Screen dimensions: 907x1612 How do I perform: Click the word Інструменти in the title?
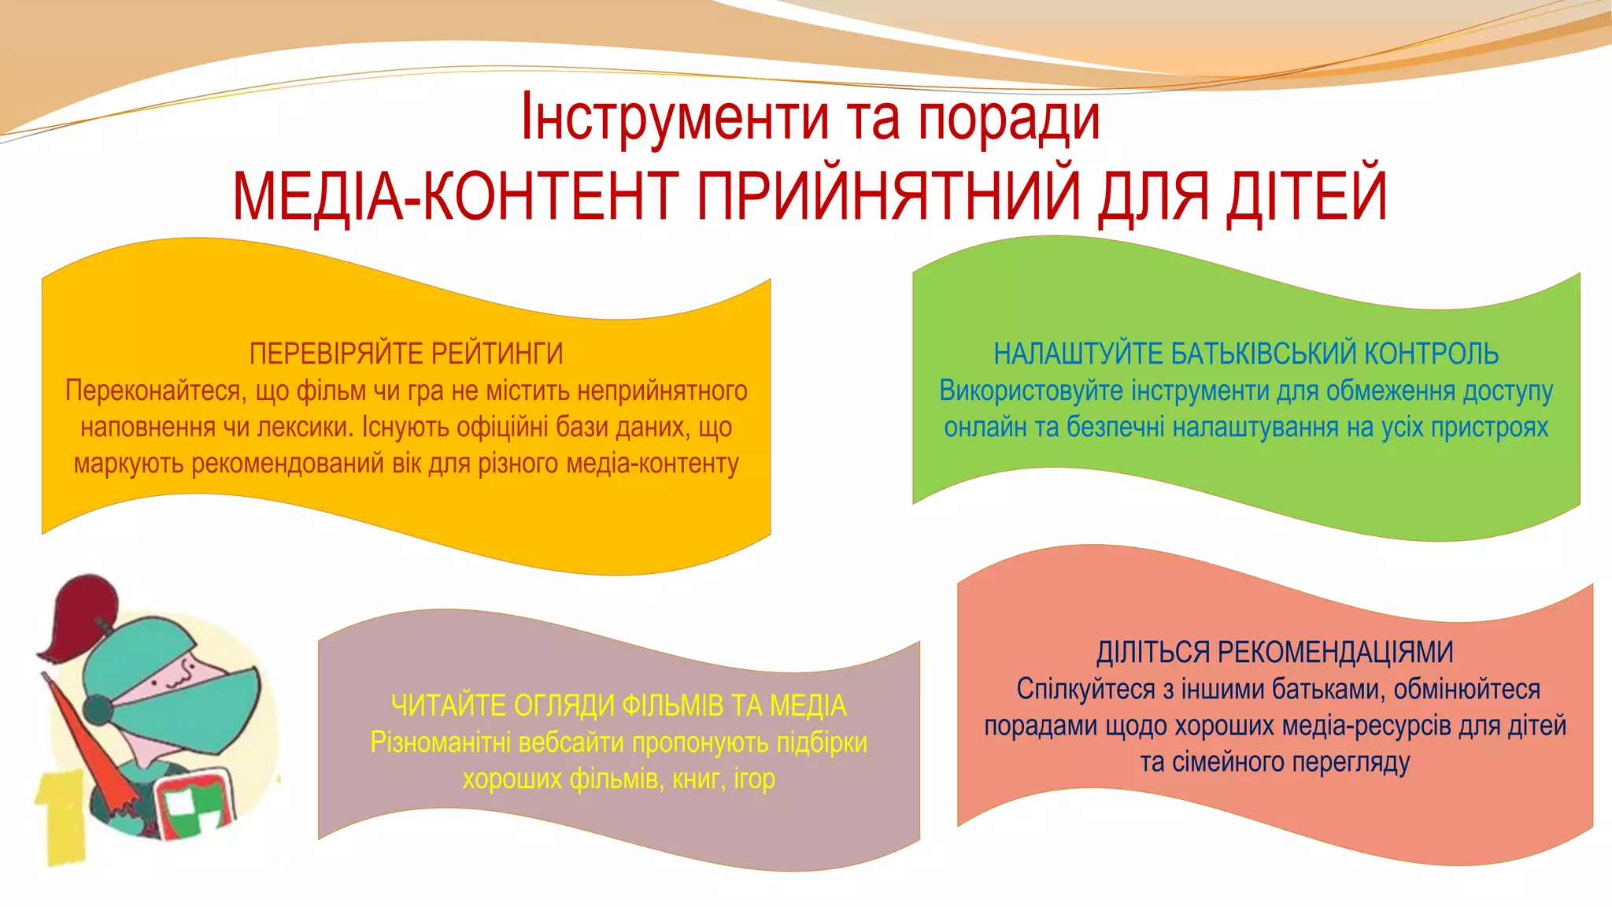[x=675, y=118]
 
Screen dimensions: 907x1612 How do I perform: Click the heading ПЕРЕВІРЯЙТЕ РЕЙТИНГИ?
[x=406, y=354]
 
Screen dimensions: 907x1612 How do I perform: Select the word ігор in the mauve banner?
[x=754, y=779]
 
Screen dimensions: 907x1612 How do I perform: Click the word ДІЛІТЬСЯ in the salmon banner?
[x=1152, y=653]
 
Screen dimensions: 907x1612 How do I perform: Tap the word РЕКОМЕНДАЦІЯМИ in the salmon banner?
[x=1335, y=653]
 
